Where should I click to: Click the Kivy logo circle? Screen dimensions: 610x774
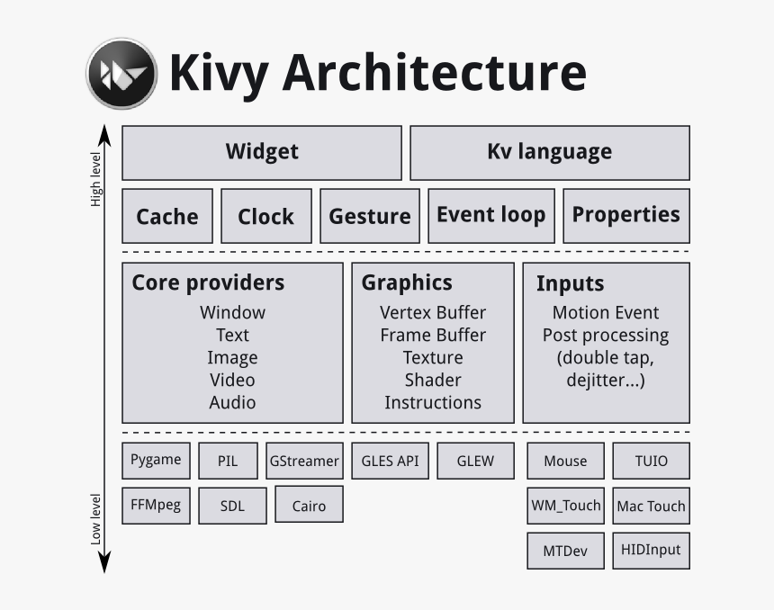(121, 74)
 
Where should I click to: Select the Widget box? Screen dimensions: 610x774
(262, 152)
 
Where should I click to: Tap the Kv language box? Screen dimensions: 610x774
(550, 152)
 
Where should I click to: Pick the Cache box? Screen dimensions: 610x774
(167, 216)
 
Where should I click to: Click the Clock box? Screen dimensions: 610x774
(266, 216)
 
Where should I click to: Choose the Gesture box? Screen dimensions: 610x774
(370, 216)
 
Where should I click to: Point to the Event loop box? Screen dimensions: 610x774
(491, 215)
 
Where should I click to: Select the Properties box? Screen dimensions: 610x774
(626, 215)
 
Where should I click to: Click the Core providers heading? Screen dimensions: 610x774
(208, 283)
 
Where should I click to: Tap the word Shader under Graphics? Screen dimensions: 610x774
(433, 380)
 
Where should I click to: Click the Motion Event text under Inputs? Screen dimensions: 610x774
(606, 312)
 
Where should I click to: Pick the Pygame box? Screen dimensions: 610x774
(156, 460)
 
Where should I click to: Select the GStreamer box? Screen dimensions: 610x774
(304, 461)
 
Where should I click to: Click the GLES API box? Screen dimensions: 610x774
(391, 461)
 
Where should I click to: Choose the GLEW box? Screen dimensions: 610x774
(475, 461)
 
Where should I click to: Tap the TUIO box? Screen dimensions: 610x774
(652, 461)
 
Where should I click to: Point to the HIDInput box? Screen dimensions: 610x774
(652, 550)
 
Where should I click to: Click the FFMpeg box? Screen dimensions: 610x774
(156, 505)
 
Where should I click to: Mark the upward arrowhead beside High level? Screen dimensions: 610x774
(104, 135)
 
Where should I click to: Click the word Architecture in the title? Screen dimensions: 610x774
(434, 73)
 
